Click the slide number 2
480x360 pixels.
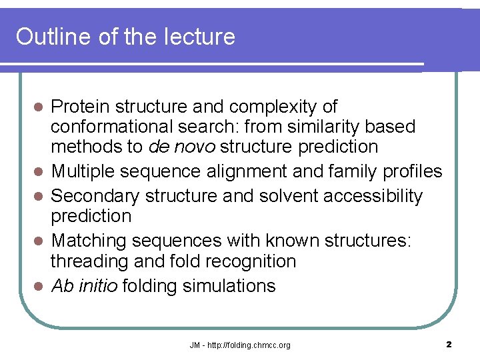click(449, 345)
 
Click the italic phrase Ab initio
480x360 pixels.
click(83, 286)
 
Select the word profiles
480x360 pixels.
click(413, 172)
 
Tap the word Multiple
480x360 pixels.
click(86, 172)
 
